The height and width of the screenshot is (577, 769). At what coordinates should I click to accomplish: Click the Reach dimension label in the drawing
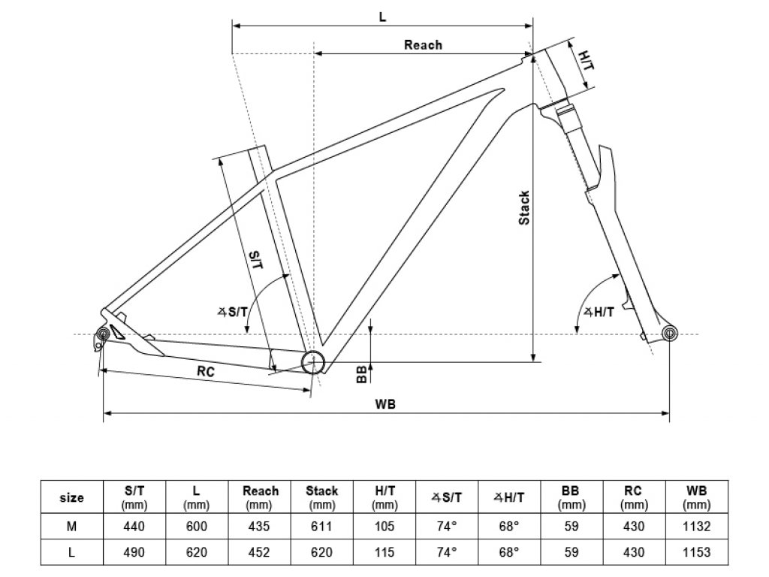point(423,45)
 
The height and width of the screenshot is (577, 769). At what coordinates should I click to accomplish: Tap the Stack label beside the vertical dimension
point(525,207)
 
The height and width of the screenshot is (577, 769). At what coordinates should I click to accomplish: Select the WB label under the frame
point(385,403)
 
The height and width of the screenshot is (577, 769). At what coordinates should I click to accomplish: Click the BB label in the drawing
point(362,373)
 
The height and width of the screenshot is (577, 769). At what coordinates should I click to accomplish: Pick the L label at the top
point(382,17)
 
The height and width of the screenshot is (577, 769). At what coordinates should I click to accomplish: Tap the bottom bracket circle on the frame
point(312,362)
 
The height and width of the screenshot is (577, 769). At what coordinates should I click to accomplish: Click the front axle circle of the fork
point(668,334)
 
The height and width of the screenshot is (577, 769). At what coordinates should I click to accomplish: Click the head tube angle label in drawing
point(598,313)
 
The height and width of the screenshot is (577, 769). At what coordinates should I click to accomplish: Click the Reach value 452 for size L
point(261,552)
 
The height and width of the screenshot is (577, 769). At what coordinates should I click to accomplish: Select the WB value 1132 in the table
point(696,527)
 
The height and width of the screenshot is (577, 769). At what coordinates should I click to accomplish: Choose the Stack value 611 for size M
point(321,527)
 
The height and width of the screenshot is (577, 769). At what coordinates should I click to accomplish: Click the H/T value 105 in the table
point(384,527)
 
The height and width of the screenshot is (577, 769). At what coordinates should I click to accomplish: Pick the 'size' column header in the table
point(71,497)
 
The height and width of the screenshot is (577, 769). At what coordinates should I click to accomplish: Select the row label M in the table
point(71,527)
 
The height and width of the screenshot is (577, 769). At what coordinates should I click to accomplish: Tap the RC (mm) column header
point(634,497)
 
